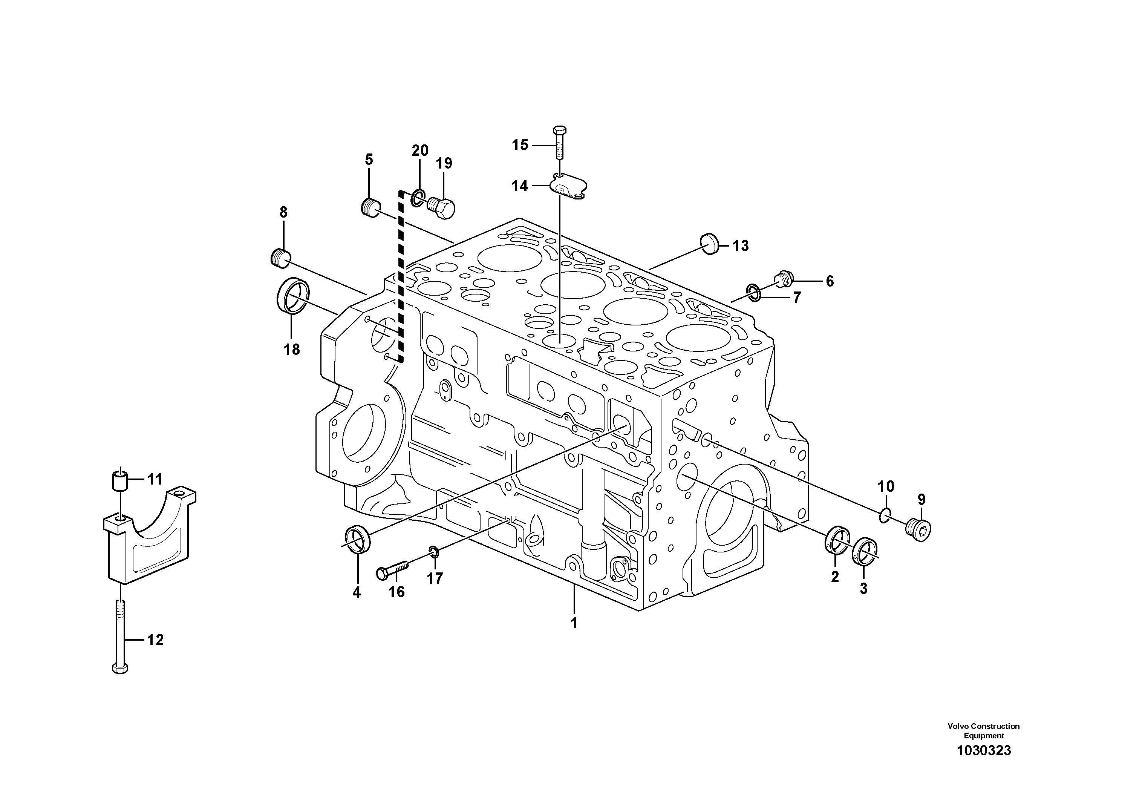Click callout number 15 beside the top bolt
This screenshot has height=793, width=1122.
[x=520, y=145]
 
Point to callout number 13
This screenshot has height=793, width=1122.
[x=740, y=245]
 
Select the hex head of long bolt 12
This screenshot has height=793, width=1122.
[x=120, y=668]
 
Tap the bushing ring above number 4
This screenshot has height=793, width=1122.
[x=358, y=538]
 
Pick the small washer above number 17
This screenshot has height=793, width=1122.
[x=434, y=552]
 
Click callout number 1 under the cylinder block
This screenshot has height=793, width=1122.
[x=574, y=623]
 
